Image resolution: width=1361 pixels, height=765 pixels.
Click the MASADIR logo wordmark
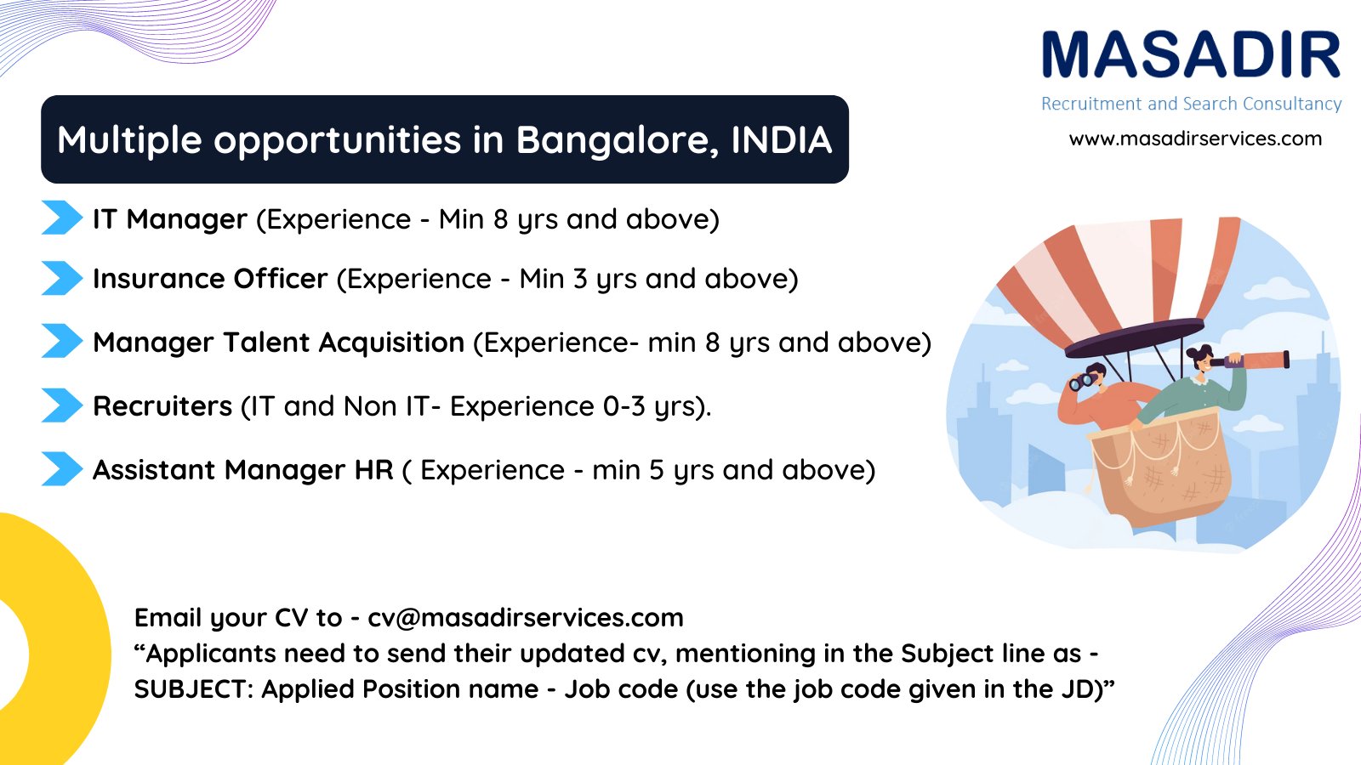(x=1191, y=54)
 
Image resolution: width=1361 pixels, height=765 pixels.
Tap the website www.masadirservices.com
(x=1195, y=139)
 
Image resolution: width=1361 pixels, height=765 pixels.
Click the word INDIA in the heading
(x=782, y=139)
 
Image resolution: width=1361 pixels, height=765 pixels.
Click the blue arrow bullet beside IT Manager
(x=61, y=218)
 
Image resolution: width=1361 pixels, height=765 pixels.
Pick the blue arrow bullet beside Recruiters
(x=61, y=405)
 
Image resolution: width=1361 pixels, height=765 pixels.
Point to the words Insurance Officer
(x=210, y=279)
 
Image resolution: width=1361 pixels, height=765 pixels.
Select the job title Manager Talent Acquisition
(x=279, y=343)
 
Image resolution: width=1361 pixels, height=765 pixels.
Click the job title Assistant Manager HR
(x=243, y=470)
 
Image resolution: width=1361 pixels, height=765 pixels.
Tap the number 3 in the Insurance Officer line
(x=580, y=280)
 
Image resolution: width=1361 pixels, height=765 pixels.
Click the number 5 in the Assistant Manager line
(x=656, y=471)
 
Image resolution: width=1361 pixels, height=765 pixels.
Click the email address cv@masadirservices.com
(x=526, y=617)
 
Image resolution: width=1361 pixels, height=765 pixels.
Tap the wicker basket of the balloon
(x=1158, y=464)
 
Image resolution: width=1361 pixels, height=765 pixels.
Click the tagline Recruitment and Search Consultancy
(x=1192, y=104)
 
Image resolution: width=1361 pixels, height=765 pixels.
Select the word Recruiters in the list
(x=162, y=406)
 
